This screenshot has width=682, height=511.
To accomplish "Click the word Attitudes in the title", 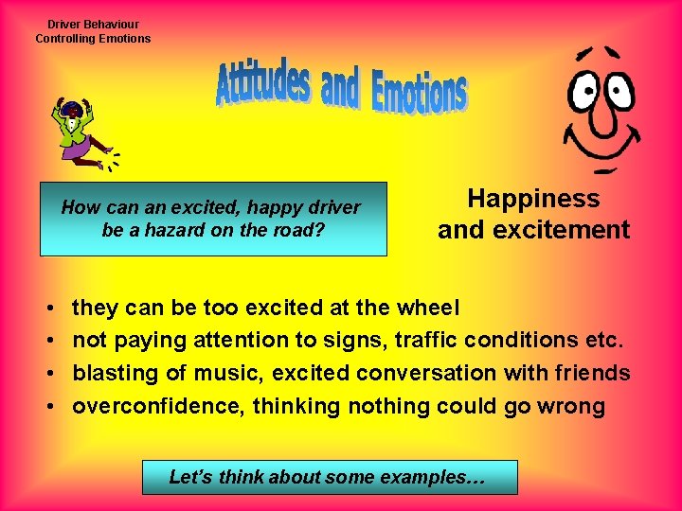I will (x=263, y=84).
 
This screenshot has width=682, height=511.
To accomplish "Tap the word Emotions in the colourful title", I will (x=419, y=93).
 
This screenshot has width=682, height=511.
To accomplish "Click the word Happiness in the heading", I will (x=533, y=199).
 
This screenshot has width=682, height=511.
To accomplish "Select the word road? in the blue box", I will (x=300, y=230).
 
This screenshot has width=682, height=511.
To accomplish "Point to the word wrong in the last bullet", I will (x=571, y=407).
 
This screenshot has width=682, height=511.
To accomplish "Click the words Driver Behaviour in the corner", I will (x=93, y=25).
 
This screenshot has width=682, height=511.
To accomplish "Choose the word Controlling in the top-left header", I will (x=66, y=39).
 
